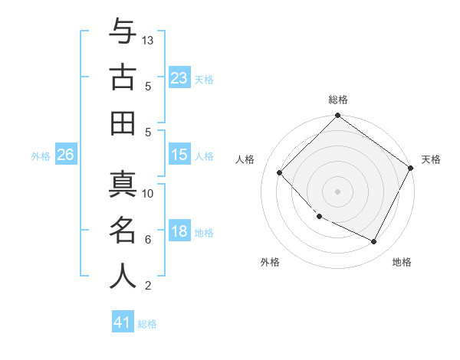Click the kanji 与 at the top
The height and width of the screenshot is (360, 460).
click(x=123, y=33)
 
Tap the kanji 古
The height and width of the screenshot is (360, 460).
click(x=123, y=78)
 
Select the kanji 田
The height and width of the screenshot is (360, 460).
click(x=123, y=123)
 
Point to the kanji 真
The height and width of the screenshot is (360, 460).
click(x=123, y=184)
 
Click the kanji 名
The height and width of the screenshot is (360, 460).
click(x=123, y=230)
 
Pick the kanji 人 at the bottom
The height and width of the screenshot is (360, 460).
click(x=123, y=276)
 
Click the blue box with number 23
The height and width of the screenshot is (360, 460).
click(x=179, y=77)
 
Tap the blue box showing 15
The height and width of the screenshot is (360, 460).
click(x=179, y=155)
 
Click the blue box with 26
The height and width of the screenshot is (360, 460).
click(x=65, y=155)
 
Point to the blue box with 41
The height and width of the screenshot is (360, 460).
click(x=123, y=322)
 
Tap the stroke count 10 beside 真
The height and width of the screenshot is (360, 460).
click(x=148, y=193)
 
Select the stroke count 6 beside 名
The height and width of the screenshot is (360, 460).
click(x=148, y=240)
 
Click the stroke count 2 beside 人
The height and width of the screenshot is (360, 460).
click(x=148, y=286)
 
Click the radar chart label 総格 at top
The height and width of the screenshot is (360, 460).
click(x=338, y=100)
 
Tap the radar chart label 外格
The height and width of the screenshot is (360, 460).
click(x=270, y=262)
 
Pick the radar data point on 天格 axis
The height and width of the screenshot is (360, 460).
click(x=410, y=168)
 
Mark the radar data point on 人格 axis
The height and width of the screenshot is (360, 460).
click(x=280, y=172)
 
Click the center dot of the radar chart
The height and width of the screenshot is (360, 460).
click(x=337, y=191)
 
